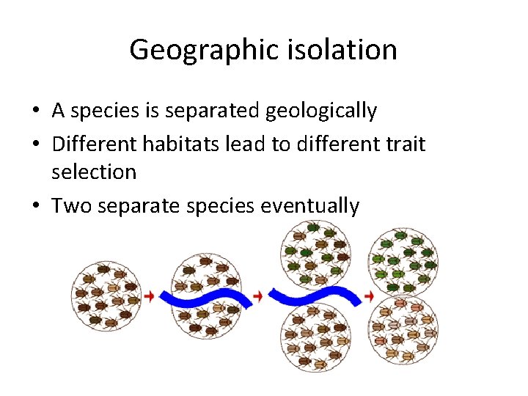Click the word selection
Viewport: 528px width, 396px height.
(x=94, y=172)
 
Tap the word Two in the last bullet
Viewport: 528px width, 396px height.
(x=70, y=205)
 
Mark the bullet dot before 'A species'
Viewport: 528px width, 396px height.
(x=36, y=111)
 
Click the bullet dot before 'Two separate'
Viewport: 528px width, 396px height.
(x=36, y=206)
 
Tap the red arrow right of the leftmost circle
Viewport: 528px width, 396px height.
(x=150, y=296)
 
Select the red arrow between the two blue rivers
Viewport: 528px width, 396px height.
(x=258, y=296)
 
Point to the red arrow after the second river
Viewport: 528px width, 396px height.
(x=368, y=296)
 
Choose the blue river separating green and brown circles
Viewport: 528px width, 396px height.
(x=315, y=296)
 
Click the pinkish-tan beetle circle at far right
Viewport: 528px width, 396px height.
(x=404, y=329)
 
